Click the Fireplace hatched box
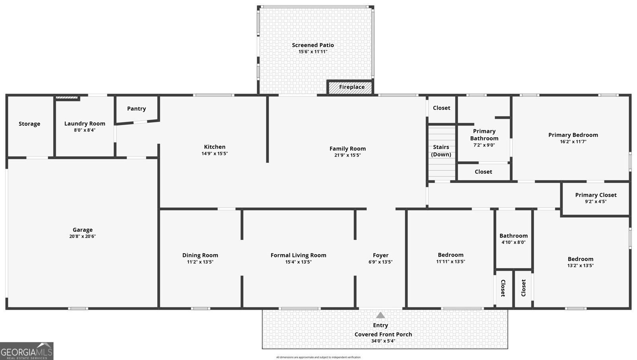point(350,87)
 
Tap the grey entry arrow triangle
point(381,315)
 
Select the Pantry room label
point(137,109)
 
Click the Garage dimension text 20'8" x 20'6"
point(82,236)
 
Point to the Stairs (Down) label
point(441,151)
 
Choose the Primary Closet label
point(596,195)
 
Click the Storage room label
point(29,124)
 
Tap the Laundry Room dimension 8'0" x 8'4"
point(85,130)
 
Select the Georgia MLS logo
point(27,351)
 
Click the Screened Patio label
point(313,45)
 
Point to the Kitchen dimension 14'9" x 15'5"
point(215,154)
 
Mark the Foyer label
point(381,255)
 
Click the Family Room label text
point(348,149)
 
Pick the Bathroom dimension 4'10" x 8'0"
point(514,242)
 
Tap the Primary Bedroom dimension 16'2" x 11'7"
point(573,142)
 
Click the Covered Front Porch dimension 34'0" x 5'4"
point(383,340)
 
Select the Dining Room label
point(200,255)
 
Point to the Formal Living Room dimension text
point(298,262)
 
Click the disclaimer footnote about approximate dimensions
point(318,357)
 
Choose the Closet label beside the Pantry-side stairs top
point(442,108)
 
